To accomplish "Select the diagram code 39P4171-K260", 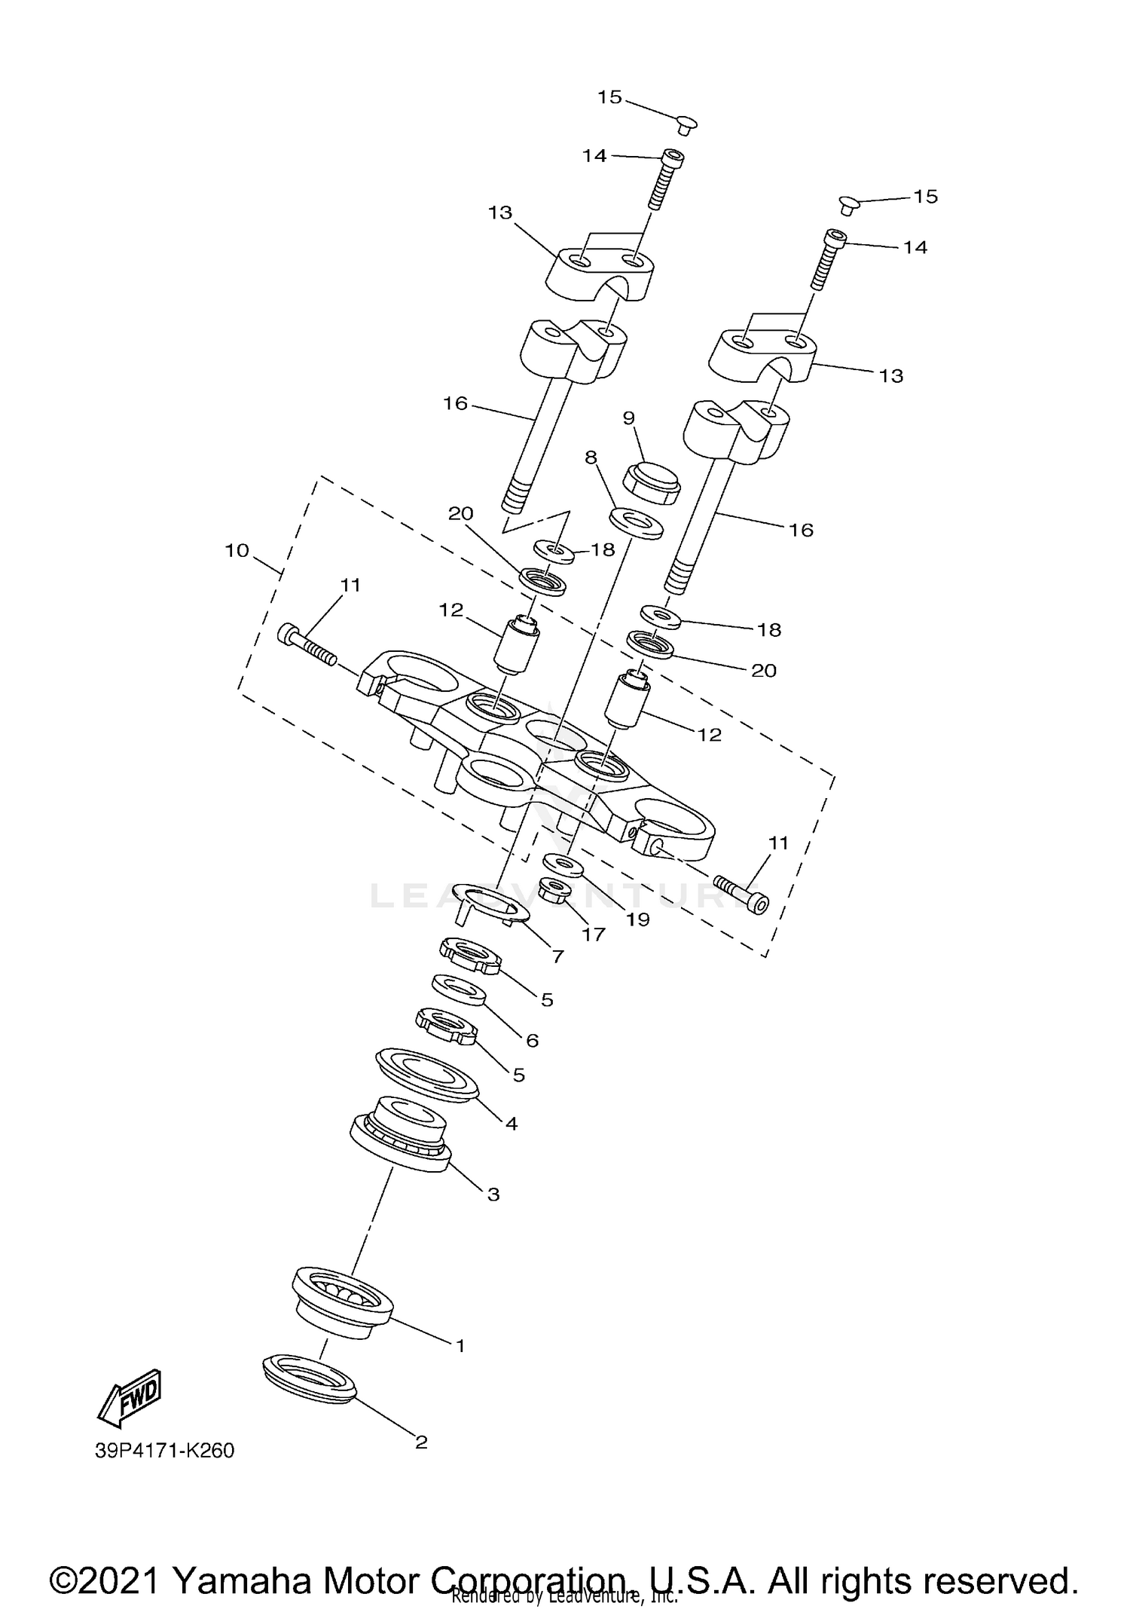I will [164, 1450].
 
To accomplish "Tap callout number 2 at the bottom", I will [421, 1442].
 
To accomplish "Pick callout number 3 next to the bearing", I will [493, 1195].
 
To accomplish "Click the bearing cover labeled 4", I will [427, 1074].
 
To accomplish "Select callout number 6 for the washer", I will [532, 1041].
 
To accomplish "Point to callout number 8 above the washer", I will [591, 457].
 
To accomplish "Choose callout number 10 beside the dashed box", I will [237, 551].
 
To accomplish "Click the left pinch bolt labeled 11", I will [307, 645].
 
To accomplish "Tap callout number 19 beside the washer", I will [637, 919].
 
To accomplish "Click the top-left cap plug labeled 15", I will [686, 124].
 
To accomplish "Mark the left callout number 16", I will [455, 404].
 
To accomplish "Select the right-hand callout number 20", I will [764, 670].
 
